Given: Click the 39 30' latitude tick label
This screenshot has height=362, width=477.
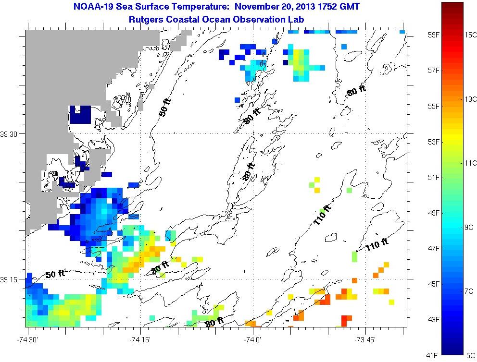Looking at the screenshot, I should point(10,134).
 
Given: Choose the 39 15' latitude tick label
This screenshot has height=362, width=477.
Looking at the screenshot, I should point(10,279).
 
